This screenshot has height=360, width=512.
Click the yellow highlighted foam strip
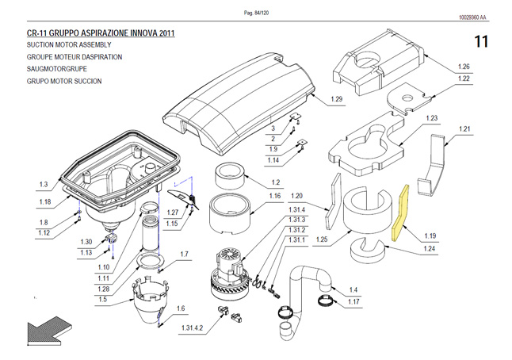click(x=401, y=213)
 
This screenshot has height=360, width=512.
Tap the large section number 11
click(x=481, y=40)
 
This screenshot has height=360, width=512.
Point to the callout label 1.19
click(x=430, y=236)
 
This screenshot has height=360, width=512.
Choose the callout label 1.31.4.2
click(x=192, y=327)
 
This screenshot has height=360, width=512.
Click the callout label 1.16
click(x=274, y=196)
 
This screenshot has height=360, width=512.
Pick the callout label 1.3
click(x=44, y=185)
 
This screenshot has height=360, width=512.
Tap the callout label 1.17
click(x=353, y=302)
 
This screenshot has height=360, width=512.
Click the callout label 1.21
click(x=464, y=128)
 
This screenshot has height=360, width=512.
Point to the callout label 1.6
click(x=180, y=308)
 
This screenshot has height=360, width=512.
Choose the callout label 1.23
click(x=431, y=118)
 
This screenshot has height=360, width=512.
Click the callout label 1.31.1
click(x=296, y=240)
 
